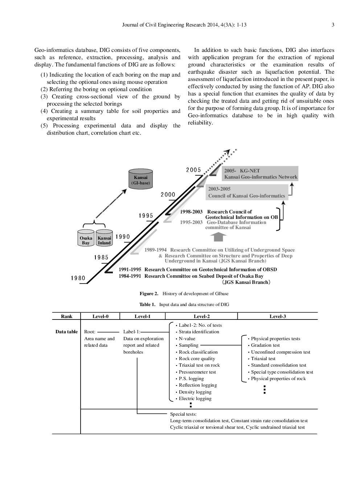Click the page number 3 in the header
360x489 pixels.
click(x=333, y=25)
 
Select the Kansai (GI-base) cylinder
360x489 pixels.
click(x=140, y=179)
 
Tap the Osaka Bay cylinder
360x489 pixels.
click(x=86, y=239)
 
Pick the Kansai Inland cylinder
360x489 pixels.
click(x=104, y=239)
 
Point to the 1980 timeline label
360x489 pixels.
click(x=78, y=278)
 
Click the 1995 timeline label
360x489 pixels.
click(x=146, y=216)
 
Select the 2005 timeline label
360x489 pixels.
click(x=193, y=170)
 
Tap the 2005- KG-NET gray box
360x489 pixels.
click(x=260, y=174)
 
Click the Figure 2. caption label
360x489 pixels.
click(x=149, y=294)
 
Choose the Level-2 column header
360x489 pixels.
click(x=202, y=316)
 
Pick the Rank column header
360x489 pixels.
click(x=67, y=316)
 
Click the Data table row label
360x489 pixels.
click(x=66, y=332)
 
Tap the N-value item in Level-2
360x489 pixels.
click(x=187, y=339)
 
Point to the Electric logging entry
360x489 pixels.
click(x=195, y=399)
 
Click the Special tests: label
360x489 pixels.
click(x=183, y=414)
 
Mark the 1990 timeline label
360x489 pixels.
click(x=123, y=237)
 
